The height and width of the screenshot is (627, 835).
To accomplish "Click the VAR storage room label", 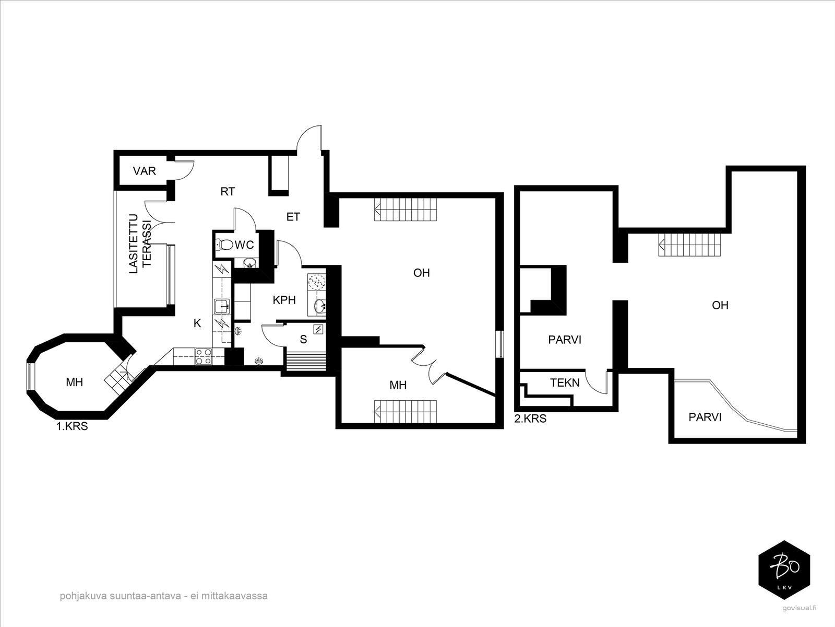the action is [x=144, y=171].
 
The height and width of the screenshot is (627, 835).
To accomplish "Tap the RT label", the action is [x=228, y=191].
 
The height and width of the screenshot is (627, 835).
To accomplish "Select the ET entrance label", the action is [x=293, y=217].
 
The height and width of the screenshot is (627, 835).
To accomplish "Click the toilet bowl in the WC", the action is [x=224, y=244].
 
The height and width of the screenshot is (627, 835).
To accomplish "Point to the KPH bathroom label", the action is [x=284, y=300].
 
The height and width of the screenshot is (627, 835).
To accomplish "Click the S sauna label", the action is [x=303, y=339].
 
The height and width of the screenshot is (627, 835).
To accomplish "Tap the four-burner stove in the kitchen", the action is [x=203, y=357].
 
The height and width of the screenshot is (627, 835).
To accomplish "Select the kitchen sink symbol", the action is [x=222, y=306].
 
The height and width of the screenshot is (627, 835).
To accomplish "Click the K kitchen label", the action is [x=197, y=323].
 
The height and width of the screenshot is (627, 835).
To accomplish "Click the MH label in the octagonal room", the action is [x=74, y=382].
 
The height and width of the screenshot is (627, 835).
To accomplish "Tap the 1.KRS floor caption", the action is [x=72, y=426].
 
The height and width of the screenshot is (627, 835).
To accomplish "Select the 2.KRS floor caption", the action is [x=530, y=419].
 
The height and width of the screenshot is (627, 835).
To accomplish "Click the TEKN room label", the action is [x=565, y=382].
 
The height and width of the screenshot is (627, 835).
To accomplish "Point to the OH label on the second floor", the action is [x=720, y=305].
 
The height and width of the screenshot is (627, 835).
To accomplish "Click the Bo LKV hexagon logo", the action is [x=784, y=570].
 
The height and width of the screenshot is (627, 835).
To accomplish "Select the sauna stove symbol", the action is [x=318, y=329].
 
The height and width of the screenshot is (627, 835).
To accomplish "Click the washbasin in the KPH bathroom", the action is [x=320, y=305].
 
